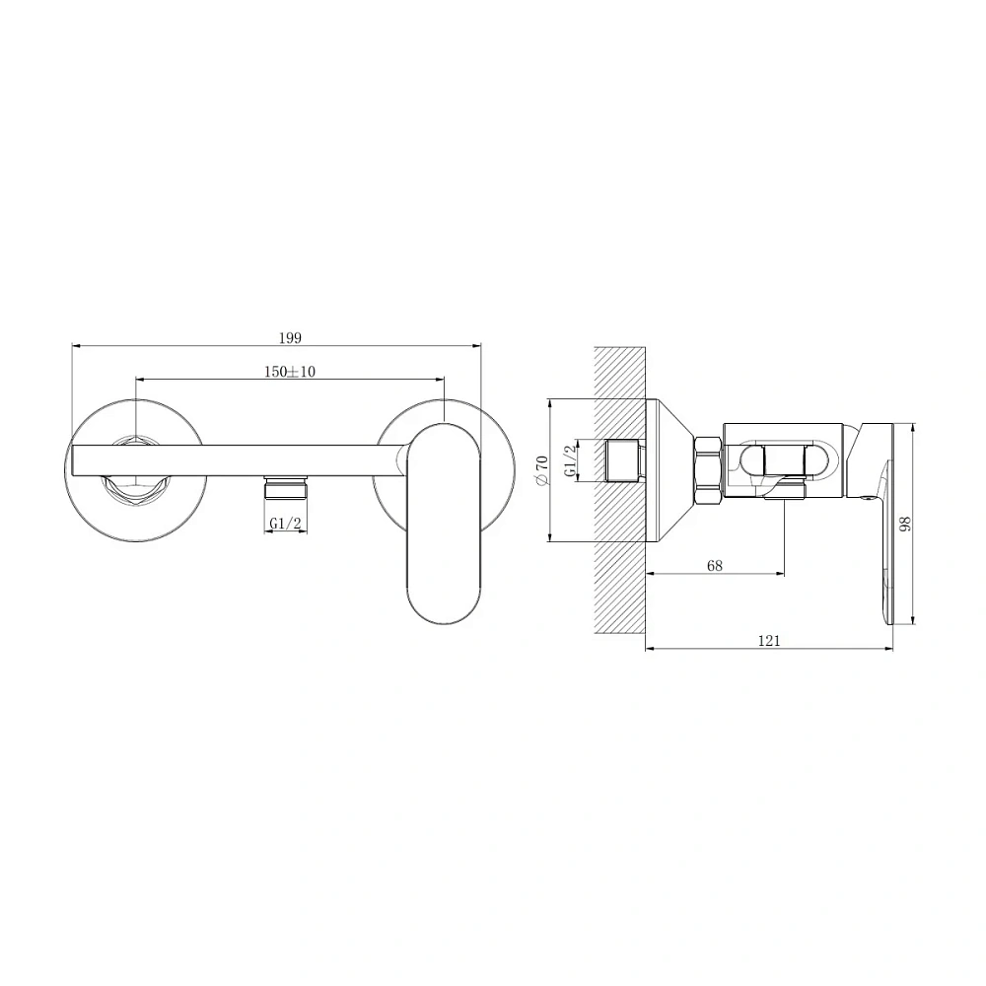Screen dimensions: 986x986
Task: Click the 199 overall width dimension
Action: pyautogui.click(x=290, y=338)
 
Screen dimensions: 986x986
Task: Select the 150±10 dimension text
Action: pyautogui.click(x=289, y=372)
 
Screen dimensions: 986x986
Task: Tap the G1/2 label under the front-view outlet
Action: pyautogui.click(x=286, y=523)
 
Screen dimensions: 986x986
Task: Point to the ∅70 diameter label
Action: pyautogui.click(x=542, y=470)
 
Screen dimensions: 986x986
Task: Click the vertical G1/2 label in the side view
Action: pyautogui.click(x=570, y=460)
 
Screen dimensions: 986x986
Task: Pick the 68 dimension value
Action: pyautogui.click(x=715, y=565)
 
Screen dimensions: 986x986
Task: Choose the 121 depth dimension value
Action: pyautogui.click(x=769, y=640)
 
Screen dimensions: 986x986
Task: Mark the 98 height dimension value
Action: pyautogui.click(x=905, y=524)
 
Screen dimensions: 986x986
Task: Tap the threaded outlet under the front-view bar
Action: pyautogui.click(x=286, y=488)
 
